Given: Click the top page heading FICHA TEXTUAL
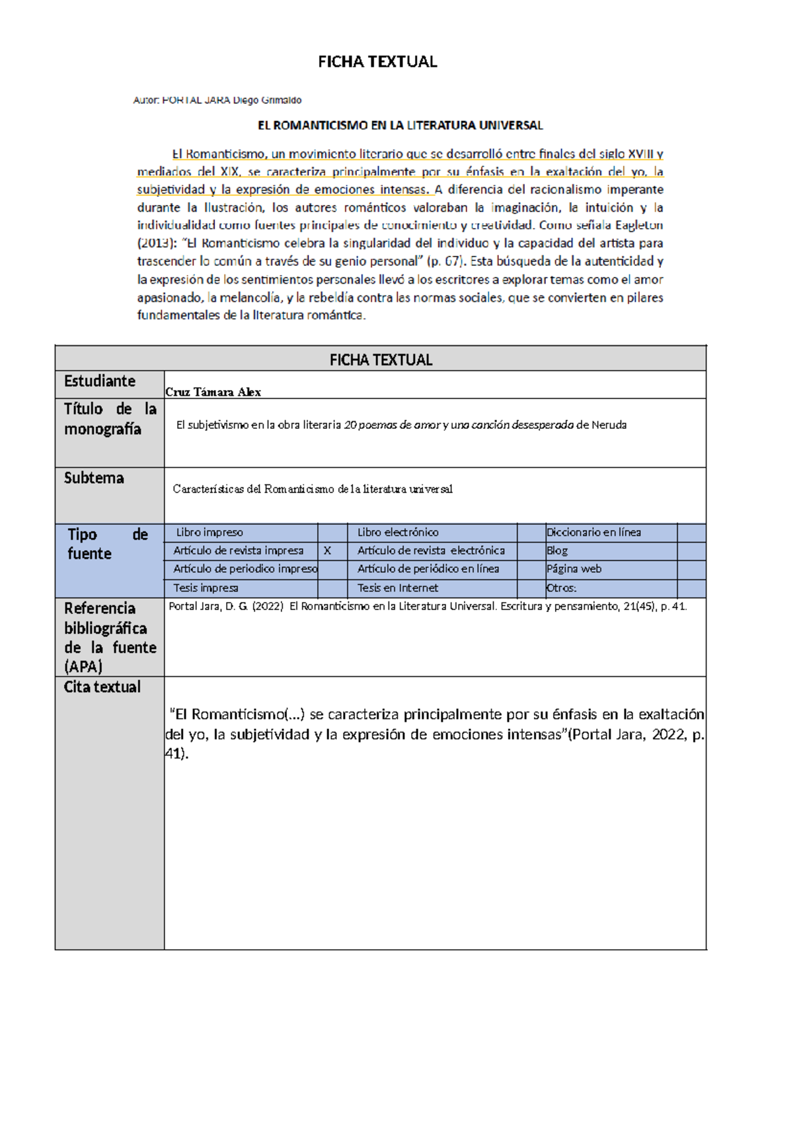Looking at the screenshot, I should (377, 62).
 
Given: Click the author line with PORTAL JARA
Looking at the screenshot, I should (217, 100).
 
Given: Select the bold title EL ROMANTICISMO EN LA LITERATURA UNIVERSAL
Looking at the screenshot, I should (400, 126).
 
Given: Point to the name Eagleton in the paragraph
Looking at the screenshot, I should (638, 225).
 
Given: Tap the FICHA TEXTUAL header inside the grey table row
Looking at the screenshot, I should (381, 360).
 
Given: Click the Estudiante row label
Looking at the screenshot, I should (100, 381).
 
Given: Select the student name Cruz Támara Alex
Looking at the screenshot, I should (213, 392).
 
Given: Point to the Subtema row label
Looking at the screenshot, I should (94, 478).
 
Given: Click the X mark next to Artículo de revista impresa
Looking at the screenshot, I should (327, 551).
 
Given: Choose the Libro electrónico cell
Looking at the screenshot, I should (398, 533).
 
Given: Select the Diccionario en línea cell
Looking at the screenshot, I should (593, 533).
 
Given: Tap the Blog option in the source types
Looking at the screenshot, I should (557, 551).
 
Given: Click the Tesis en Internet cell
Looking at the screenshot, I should (398, 588).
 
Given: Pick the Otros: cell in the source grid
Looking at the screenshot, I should (561, 588).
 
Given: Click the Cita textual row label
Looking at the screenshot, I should (102, 687).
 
